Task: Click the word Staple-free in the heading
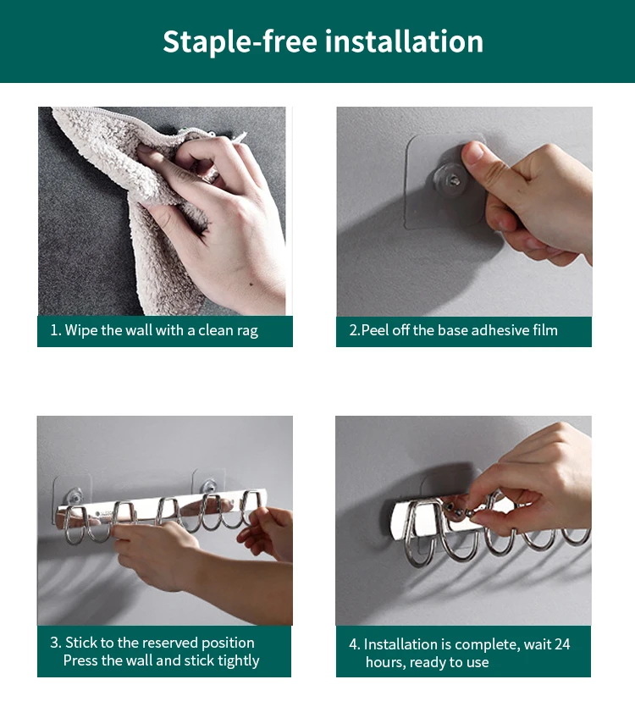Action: pos(240,41)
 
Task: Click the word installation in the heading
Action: pos(404,41)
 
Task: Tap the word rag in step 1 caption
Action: pos(247,331)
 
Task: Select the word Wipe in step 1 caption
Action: pos(81,330)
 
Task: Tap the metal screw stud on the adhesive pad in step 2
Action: pos(454,180)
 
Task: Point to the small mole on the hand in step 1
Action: pos(251,284)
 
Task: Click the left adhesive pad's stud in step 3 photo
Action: pos(75,495)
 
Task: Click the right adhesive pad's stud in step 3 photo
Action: pos(208,485)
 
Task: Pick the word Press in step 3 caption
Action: pos(80,660)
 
